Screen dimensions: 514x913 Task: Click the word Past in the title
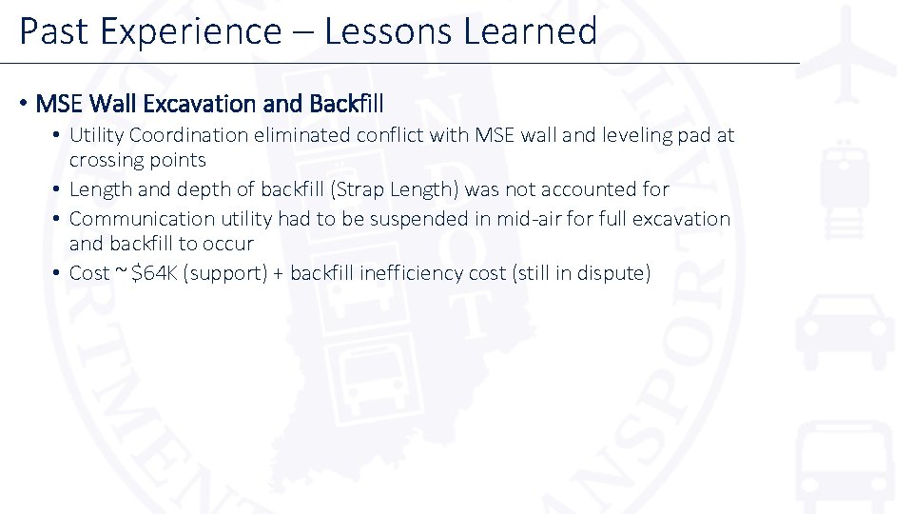pos(52,31)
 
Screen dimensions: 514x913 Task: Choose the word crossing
pos(105,160)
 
